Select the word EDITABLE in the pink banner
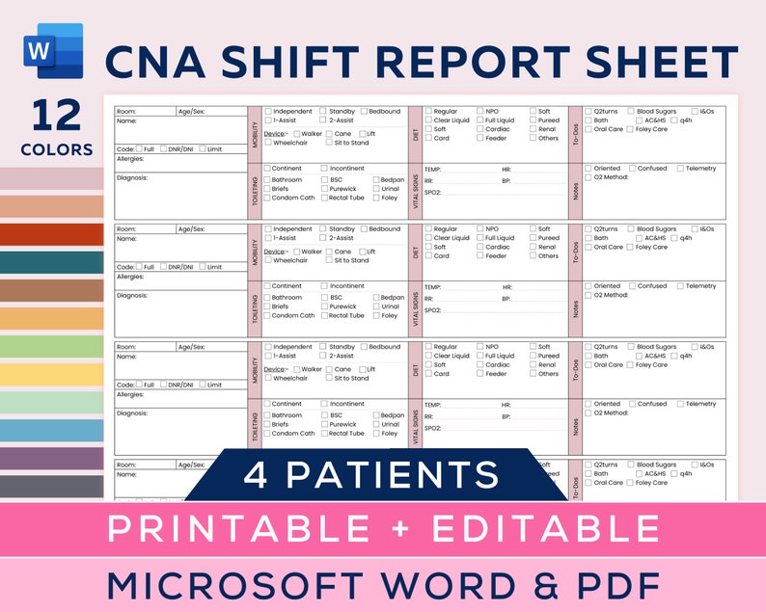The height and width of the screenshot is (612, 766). pyautogui.click(x=536, y=528)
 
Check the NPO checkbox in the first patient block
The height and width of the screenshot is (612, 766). pyautogui.click(x=479, y=112)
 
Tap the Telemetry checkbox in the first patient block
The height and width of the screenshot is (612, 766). pyautogui.click(x=680, y=169)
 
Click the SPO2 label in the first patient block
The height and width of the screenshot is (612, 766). pyautogui.click(x=432, y=193)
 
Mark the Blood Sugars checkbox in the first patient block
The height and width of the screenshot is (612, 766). pyautogui.click(x=631, y=112)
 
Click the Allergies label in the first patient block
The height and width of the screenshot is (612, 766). pyautogui.click(x=130, y=158)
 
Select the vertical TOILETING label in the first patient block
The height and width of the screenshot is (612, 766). pyautogui.click(x=255, y=190)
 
